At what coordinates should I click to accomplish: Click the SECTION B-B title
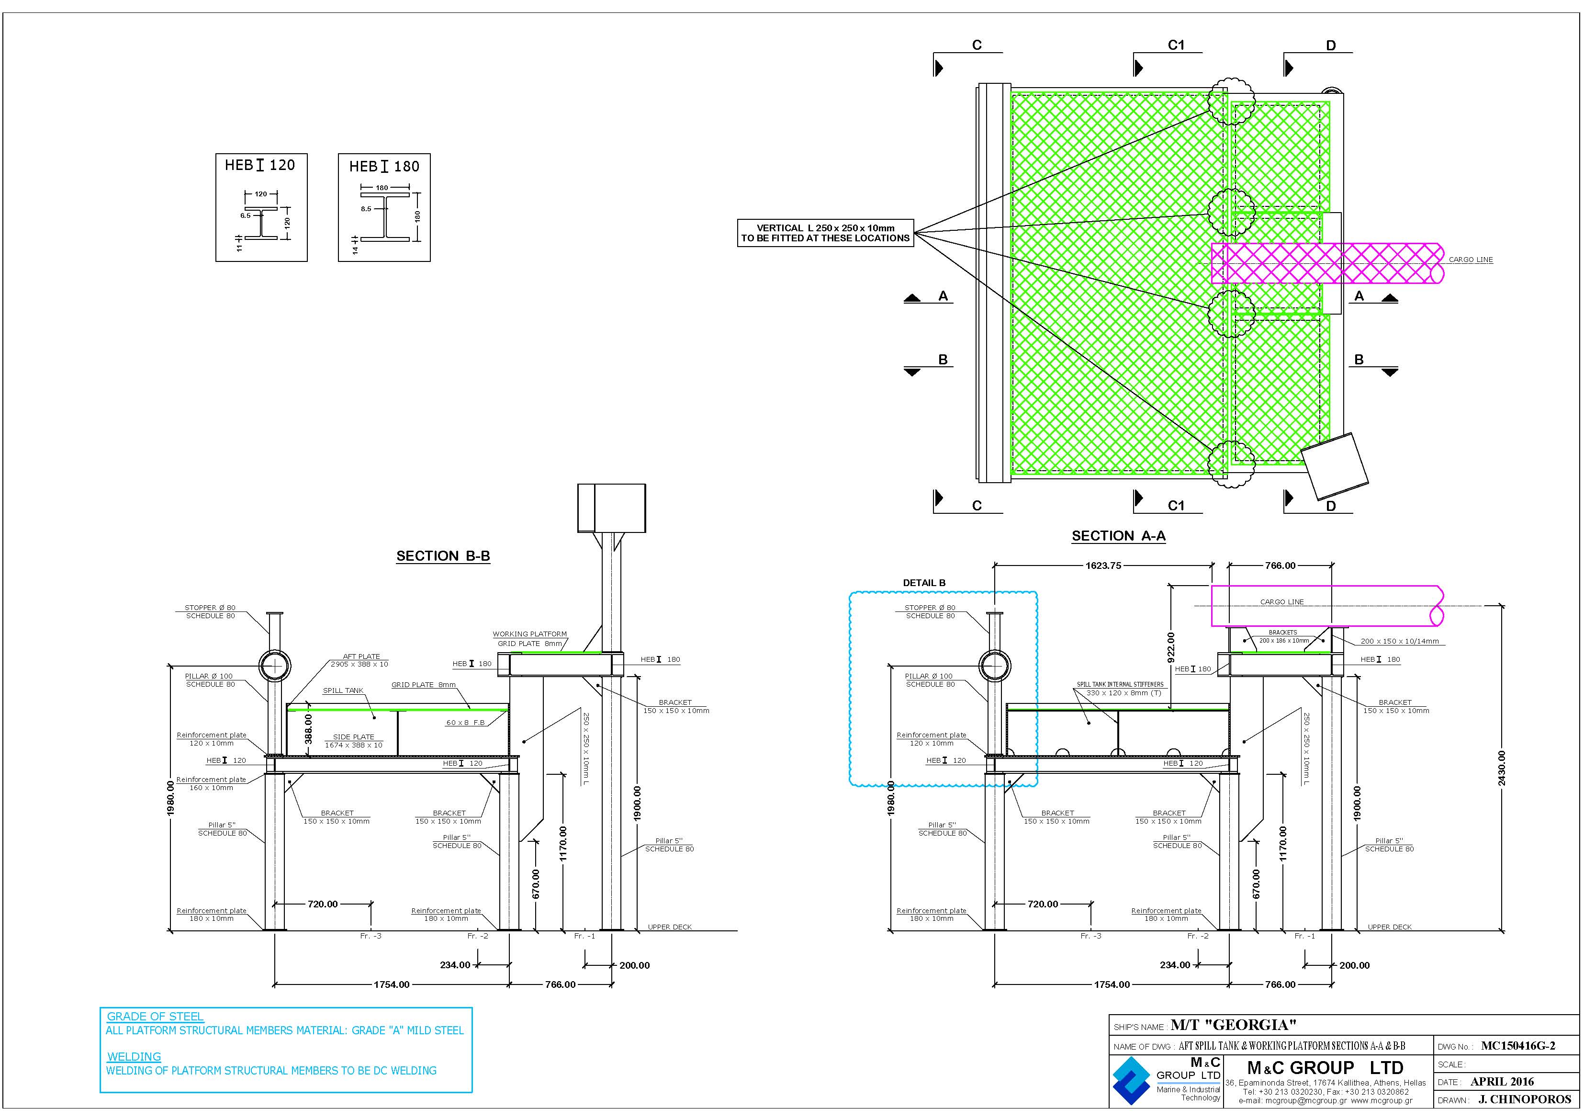tap(443, 556)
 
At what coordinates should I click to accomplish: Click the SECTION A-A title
tap(1118, 536)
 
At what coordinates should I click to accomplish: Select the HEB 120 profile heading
tap(260, 165)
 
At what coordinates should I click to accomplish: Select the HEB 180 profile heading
tap(384, 166)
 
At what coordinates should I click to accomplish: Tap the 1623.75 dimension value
tap(1103, 566)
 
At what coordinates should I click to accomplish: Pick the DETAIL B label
tap(924, 583)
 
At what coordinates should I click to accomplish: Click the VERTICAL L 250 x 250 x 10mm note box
tap(826, 233)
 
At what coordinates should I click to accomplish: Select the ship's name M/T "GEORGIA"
tap(1234, 1026)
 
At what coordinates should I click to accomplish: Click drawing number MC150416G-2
tap(1518, 1046)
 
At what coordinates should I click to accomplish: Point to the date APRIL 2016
tap(1502, 1082)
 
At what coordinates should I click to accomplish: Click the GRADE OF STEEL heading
tap(155, 1017)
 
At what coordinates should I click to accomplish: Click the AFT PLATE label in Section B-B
tap(361, 656)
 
